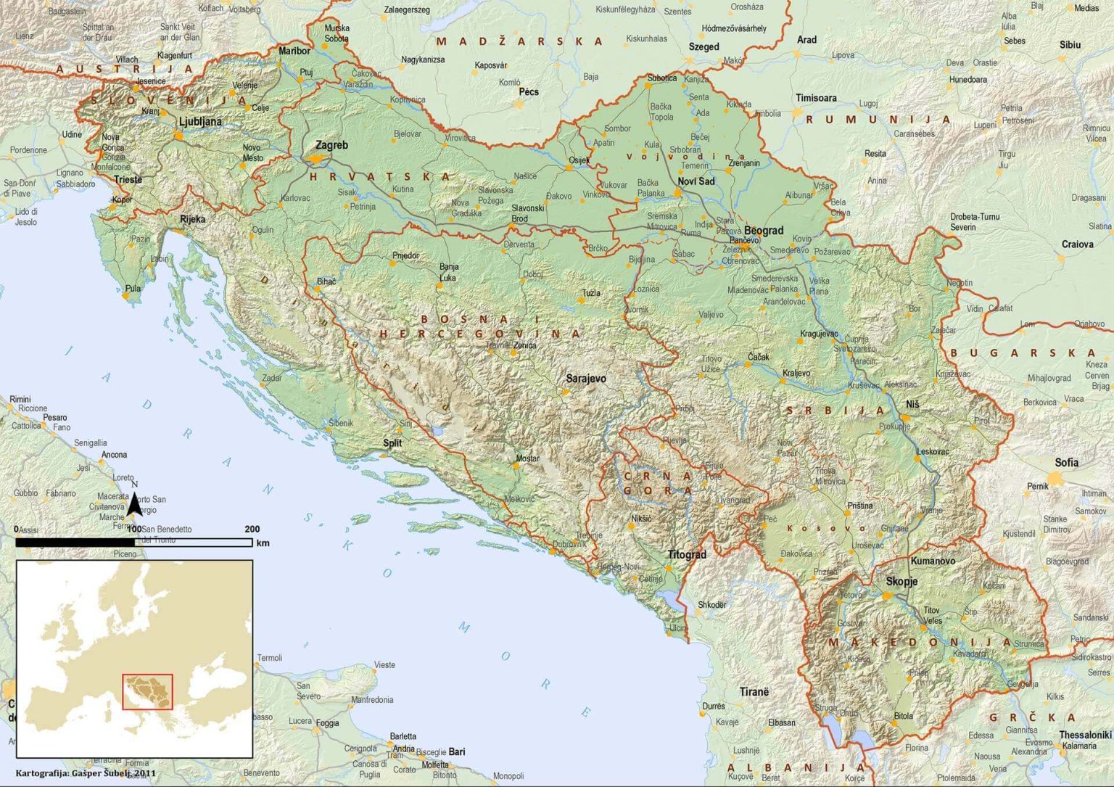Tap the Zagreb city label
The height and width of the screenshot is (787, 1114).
331,145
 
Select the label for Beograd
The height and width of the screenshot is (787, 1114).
763,231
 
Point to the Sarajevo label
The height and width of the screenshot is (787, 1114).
585,379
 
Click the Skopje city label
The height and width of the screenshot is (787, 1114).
901,582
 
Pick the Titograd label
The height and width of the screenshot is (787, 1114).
686,555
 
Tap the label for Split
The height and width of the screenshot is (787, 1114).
392,443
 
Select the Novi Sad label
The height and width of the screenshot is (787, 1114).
696,181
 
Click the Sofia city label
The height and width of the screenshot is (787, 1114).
1066,462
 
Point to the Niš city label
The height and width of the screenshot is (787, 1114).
912,405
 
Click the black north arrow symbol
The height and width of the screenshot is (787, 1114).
134,503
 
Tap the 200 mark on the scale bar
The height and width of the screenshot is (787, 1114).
252,530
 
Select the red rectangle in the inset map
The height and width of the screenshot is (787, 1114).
148,691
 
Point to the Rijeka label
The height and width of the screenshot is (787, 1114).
192,219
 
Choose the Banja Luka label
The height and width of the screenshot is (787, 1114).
448,272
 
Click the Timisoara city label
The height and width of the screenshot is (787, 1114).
816,98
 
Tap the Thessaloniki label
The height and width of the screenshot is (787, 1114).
1085,735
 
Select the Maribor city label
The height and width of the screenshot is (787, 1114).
294,51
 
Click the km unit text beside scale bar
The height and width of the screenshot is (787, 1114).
263,543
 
